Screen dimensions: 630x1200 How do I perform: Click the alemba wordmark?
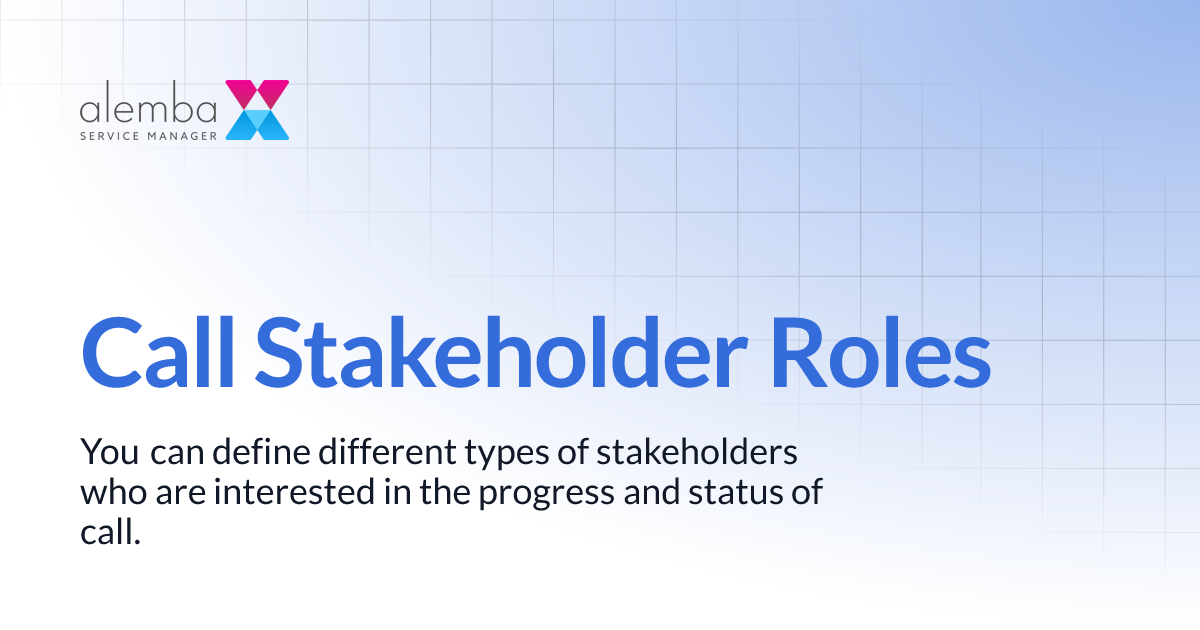click(x=148, y=107)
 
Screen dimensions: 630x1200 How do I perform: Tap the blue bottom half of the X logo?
click(x=257, y=124)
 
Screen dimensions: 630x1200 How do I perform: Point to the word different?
click(x=385, y=453)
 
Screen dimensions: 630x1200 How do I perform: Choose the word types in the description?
click(x=506, y=453)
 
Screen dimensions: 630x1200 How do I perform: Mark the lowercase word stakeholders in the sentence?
click(x=697, y=453)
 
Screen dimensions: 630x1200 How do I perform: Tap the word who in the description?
click(x=108, y=493)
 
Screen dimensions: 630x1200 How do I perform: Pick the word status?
click(x=738, y=493)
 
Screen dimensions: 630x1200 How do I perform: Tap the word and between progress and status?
click(x=655, y=493)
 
